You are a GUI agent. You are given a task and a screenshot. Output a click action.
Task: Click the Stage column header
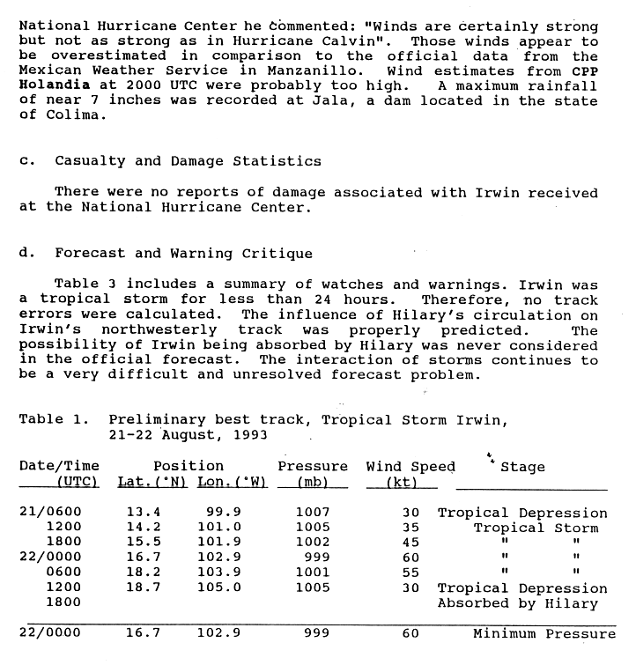pos(522,467)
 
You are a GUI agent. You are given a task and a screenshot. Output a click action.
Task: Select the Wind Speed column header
pos(410,467)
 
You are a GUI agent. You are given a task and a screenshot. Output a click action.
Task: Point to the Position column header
pos(189,467)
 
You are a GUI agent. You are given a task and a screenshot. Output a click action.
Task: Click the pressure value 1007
pos(313,513)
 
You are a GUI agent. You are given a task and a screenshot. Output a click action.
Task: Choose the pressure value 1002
pos(313,543)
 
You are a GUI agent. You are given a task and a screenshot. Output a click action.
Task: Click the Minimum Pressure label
pos(544,634)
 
